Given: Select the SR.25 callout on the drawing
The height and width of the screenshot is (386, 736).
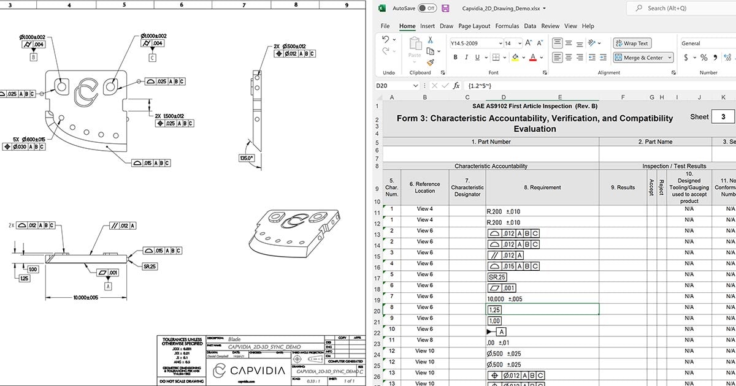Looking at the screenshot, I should point(150,267).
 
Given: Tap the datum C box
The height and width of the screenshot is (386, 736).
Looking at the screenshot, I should point(152,58).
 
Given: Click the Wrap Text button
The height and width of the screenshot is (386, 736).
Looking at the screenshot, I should point(632,44).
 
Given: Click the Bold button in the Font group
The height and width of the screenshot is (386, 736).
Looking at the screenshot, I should point(456,58).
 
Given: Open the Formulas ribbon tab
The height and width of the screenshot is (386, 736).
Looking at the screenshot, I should point(507,26).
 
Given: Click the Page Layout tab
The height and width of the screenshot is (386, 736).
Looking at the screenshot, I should point(474,26).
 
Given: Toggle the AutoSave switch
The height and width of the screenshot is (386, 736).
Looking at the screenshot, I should point(426,9).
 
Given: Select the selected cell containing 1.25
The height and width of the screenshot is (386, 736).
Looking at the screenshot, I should point(542,310).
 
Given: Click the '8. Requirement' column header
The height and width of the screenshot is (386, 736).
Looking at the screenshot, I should point(542,188).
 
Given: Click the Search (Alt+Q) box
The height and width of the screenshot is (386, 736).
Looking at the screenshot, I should point(681,9).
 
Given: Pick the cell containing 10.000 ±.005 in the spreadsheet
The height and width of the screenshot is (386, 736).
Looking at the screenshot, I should point(542,299).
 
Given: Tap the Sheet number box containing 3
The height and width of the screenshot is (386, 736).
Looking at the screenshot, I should point(723,116).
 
